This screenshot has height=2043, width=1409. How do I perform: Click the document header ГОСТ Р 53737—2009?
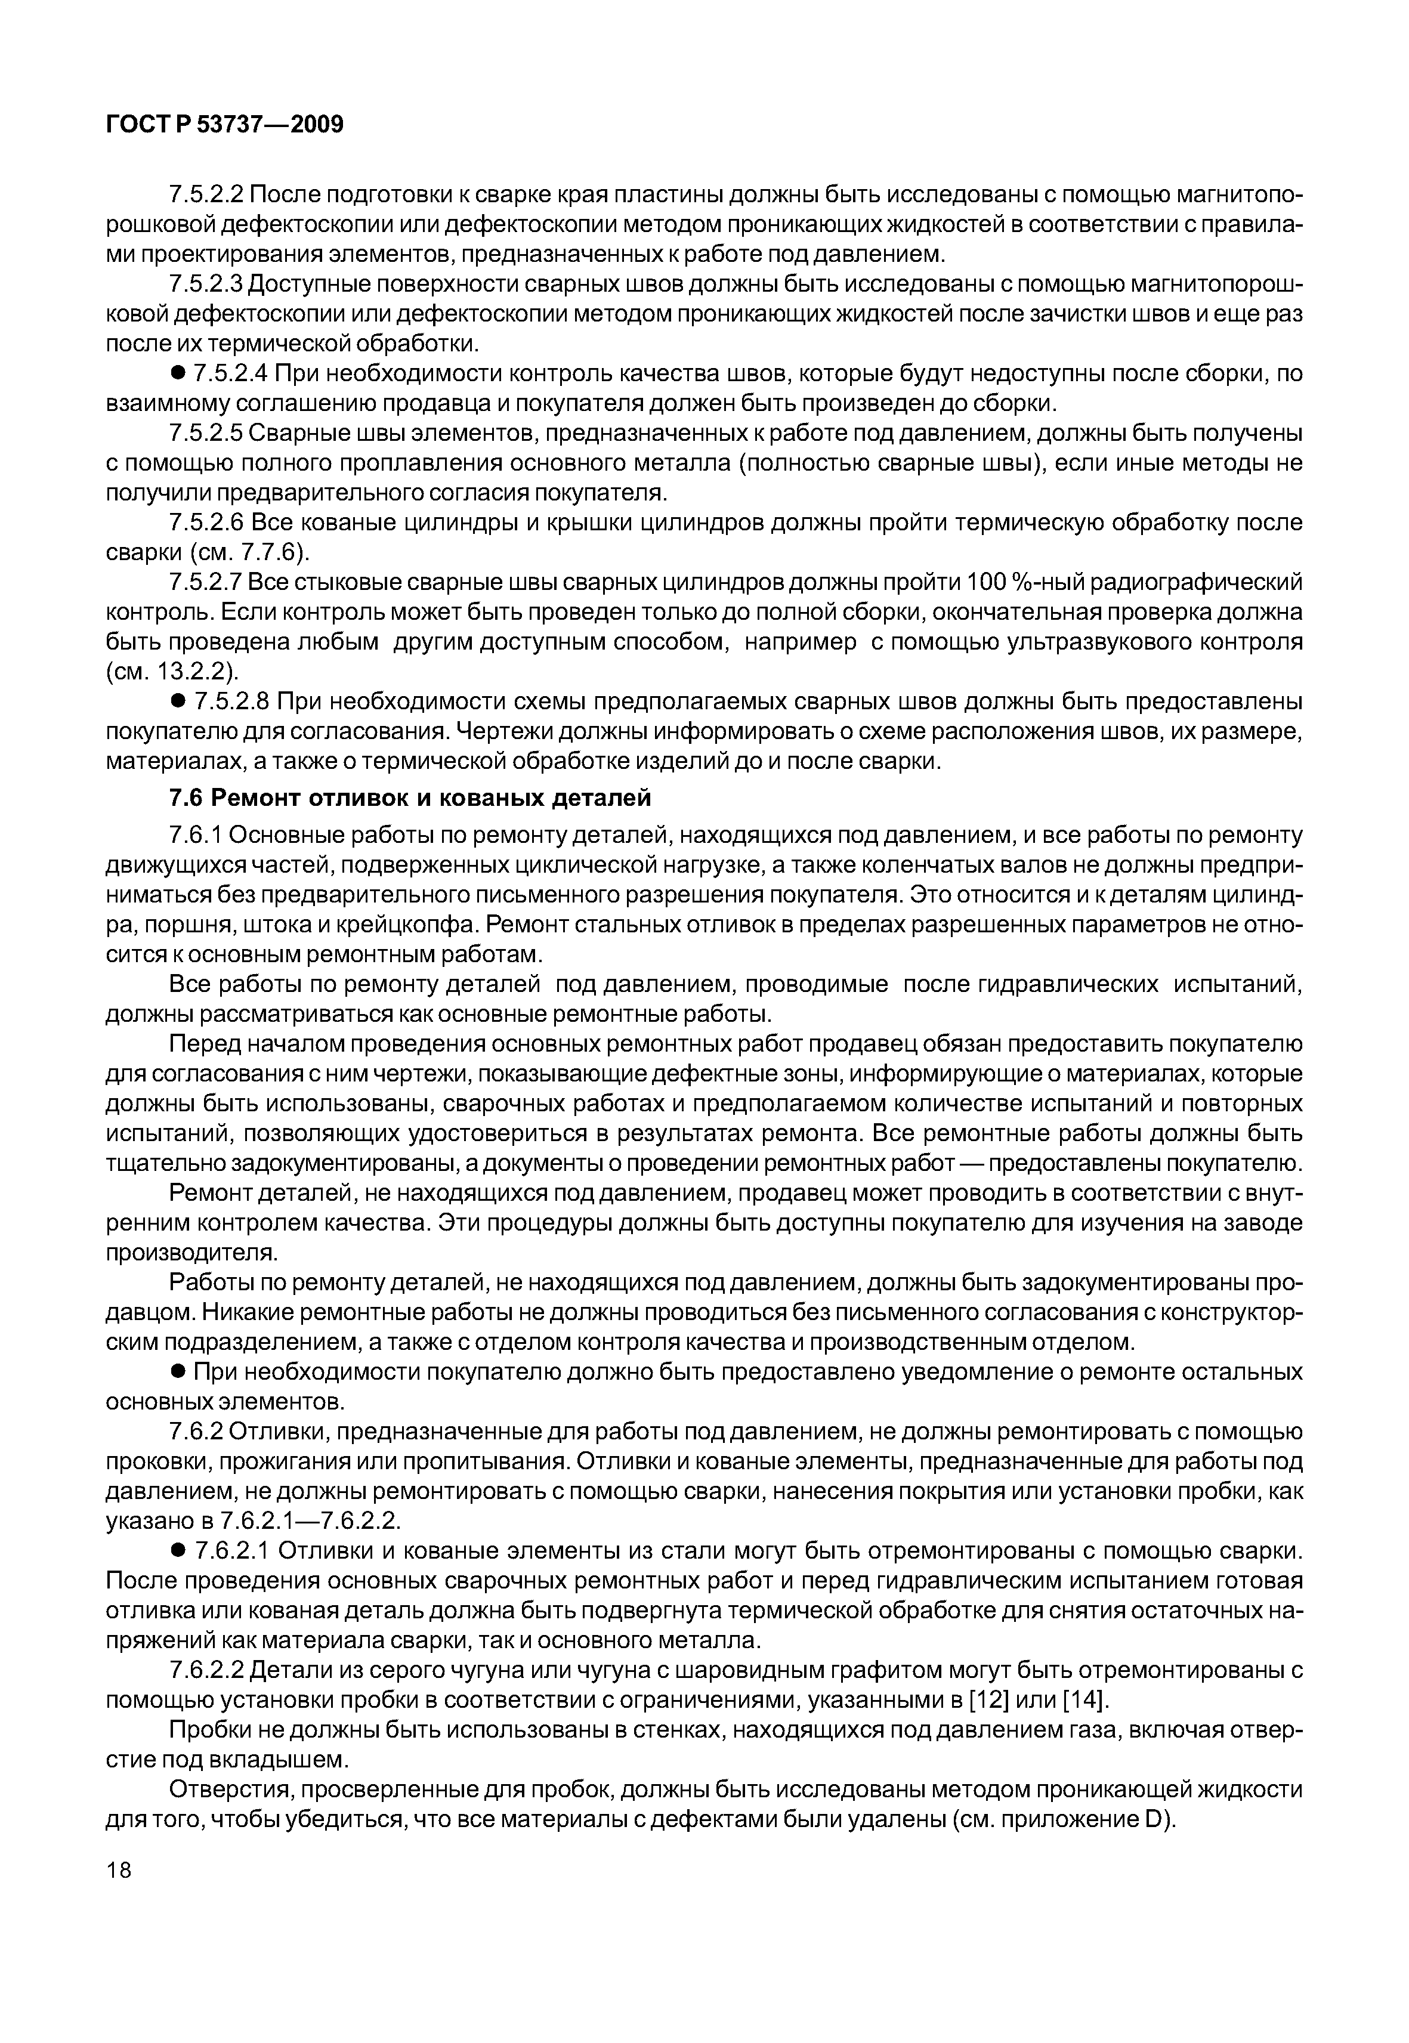(x=224, y=125)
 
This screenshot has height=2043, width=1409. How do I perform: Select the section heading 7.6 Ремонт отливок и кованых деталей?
(x=410, y=798)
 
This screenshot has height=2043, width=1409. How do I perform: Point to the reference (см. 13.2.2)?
(x=172, y=672)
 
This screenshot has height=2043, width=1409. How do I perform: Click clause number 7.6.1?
(x=196, y=835)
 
